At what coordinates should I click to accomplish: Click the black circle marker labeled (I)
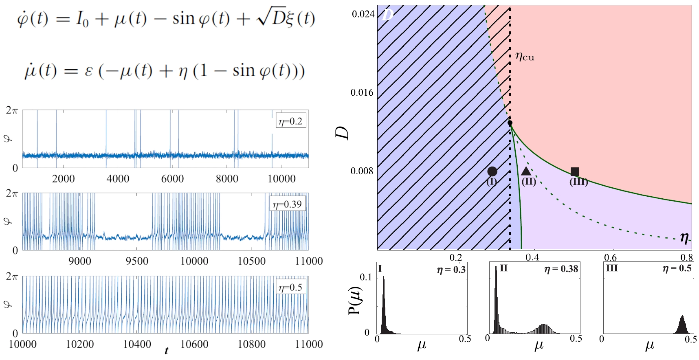coord(492,171)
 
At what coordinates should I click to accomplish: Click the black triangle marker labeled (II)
coord(526,171)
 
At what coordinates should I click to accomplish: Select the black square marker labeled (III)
coord(575,171)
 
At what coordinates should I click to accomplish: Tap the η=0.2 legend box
coord(291,121)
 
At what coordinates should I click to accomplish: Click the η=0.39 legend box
coord(288,204)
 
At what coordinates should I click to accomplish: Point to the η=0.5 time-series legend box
coord(291,288)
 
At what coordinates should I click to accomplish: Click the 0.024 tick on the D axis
coord(363,14)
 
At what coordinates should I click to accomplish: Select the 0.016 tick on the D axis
coord(362,92)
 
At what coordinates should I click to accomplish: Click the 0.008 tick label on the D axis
coord(362,171)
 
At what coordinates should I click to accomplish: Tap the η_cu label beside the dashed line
coord(525,56)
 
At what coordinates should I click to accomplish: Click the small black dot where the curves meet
coord(510,123)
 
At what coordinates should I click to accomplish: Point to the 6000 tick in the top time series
coord(172,178)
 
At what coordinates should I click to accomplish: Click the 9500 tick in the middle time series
coord(137,261)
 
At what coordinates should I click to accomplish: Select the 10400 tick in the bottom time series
coord(137,344)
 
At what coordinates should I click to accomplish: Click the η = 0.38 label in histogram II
coord(561,269)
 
